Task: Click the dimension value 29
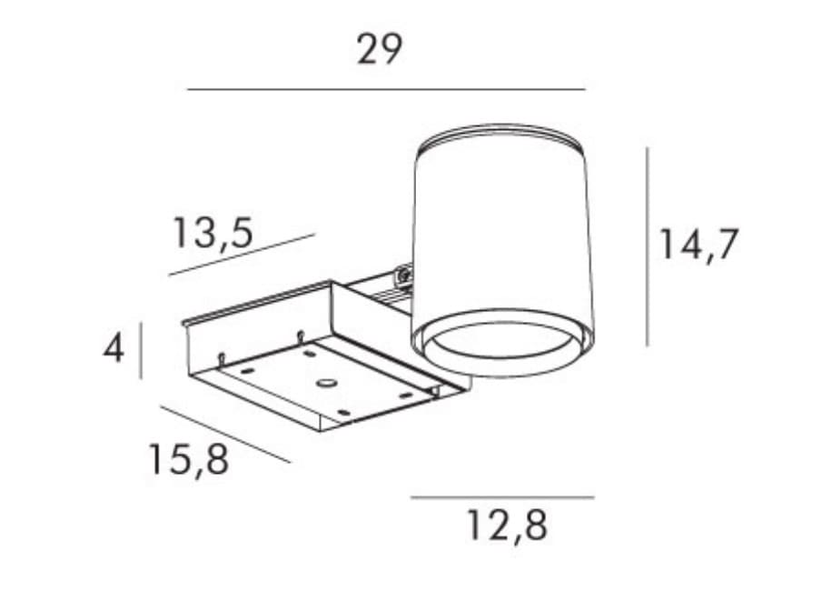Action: tap(380, 49)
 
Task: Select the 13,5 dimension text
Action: tap(213, 233)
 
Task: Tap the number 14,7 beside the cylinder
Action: tap(698, 245)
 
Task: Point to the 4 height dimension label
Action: tap(114, 348)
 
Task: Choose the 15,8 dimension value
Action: tap(189, 459)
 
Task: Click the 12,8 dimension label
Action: tap(507, 525)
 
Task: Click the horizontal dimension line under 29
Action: tap(386, 90)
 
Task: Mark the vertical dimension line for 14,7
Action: tap(648, 246)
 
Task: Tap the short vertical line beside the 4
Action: tap(141, 350)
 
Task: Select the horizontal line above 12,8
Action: tap(502, 497)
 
